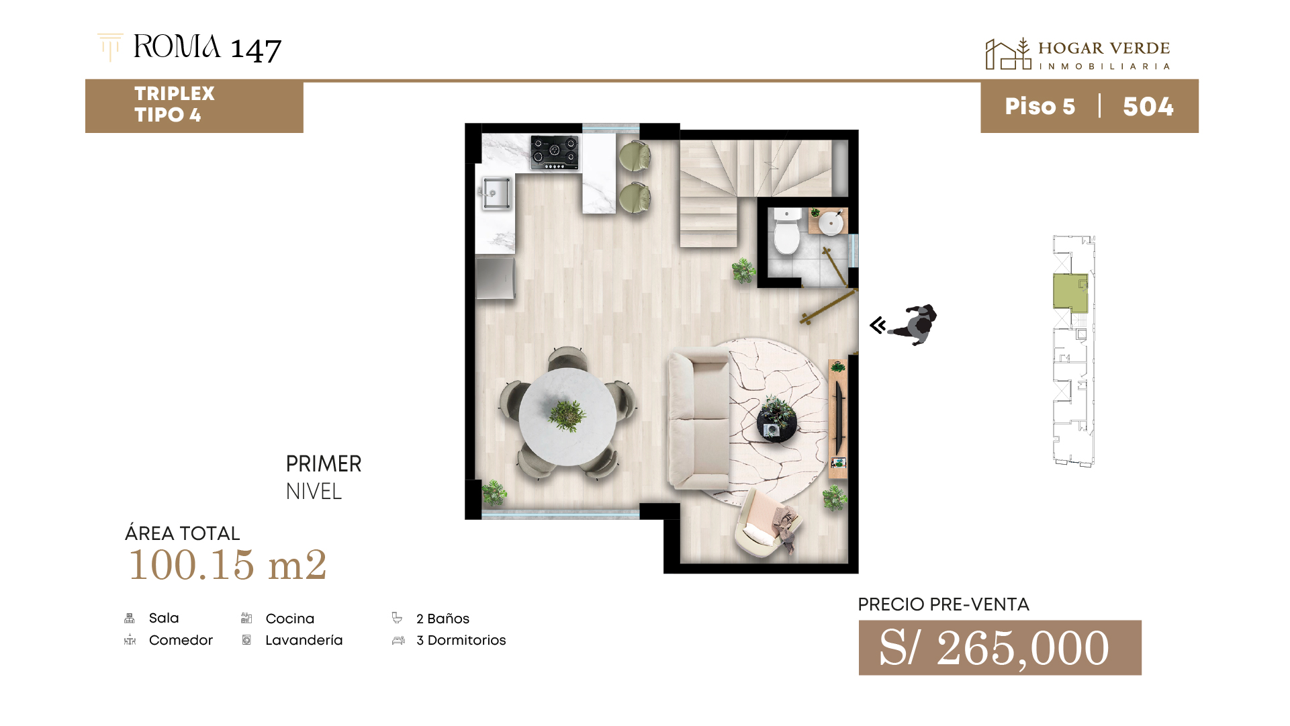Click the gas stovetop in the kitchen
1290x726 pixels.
(x=555, y=152)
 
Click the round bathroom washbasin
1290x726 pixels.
(x=831, y=222)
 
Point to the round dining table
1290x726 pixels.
(x=567, y=416)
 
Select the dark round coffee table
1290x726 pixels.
(x=777, y=422)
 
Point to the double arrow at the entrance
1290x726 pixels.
(x=878, y=325)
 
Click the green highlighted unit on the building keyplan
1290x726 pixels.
(x=1070, y=292)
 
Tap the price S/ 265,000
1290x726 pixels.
(x=995, y=648)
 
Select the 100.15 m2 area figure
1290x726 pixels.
(x=228, y=564)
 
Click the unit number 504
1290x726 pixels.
(x=1148, y=107)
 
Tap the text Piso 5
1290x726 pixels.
(x=1040, y=107)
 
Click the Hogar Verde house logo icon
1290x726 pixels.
(x=1008, y=54)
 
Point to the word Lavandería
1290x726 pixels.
(x=304, y=640)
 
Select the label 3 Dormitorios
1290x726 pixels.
(x=461, y=640)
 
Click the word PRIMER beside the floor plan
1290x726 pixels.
(x=324, y=463)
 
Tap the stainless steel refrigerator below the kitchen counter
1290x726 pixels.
(x=495, y=277)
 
